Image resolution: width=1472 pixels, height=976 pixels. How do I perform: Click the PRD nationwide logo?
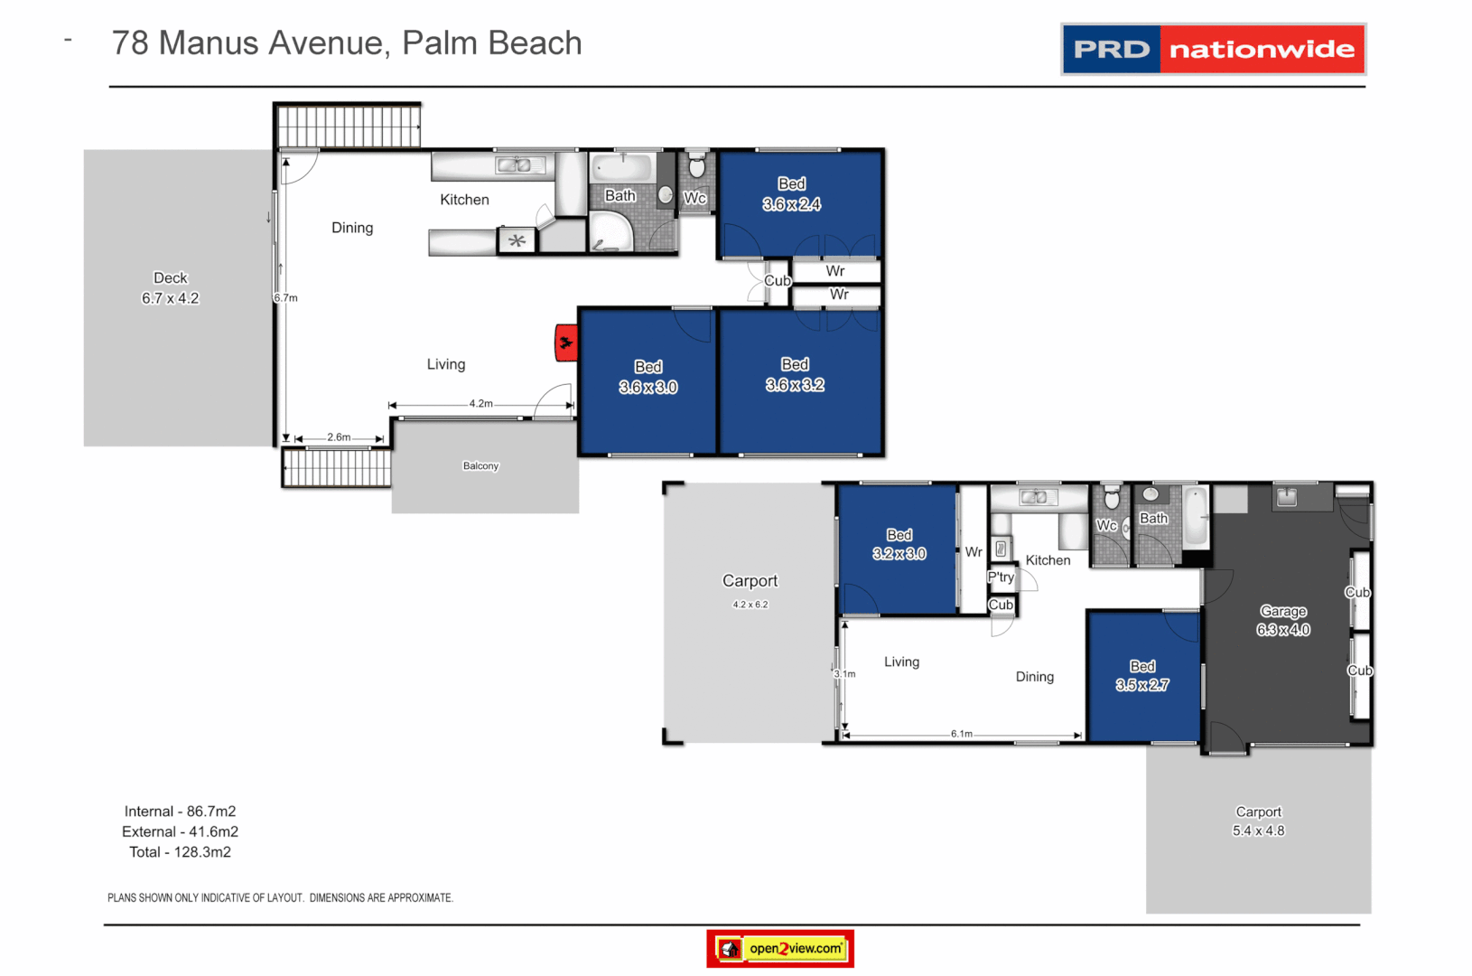click(1213, 49)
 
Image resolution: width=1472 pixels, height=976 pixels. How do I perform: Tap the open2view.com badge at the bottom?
click(780, 948)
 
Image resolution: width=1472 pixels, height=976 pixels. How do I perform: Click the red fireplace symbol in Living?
click(566, 343)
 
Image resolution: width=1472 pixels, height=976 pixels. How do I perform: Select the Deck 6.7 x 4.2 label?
click(170, 288)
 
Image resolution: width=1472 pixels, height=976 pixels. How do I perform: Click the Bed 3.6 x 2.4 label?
click(791, 194)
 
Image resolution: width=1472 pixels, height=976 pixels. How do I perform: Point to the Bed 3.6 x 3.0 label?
click(647, 377)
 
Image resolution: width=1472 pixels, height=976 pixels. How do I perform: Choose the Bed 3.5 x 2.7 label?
click(1141, 675)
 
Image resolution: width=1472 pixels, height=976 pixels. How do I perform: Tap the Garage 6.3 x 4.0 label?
click(1282, 621)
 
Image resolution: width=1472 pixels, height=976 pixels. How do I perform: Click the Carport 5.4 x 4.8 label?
click(1258, 821)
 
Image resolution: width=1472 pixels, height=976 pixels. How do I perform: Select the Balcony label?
click(480, 466)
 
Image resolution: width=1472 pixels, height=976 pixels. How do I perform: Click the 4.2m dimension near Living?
click(480, 404)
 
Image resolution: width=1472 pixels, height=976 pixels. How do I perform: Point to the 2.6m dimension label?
click(339, 437)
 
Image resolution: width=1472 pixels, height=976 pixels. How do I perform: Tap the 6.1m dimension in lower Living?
click(961, 734)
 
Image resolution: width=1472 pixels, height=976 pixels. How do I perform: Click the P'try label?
click(1001, 577)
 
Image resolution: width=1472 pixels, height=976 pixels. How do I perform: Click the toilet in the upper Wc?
click(696, 167)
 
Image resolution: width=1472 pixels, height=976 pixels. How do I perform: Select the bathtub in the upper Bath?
click(621, 168)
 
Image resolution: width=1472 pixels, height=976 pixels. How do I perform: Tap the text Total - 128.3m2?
click(180, 852)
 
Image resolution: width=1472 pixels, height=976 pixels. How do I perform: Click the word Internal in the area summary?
click(149, 812)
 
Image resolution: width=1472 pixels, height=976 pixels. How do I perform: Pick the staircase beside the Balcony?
click(337, 468)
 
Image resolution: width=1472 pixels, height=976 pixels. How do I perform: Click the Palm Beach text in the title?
click(491, 42)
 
